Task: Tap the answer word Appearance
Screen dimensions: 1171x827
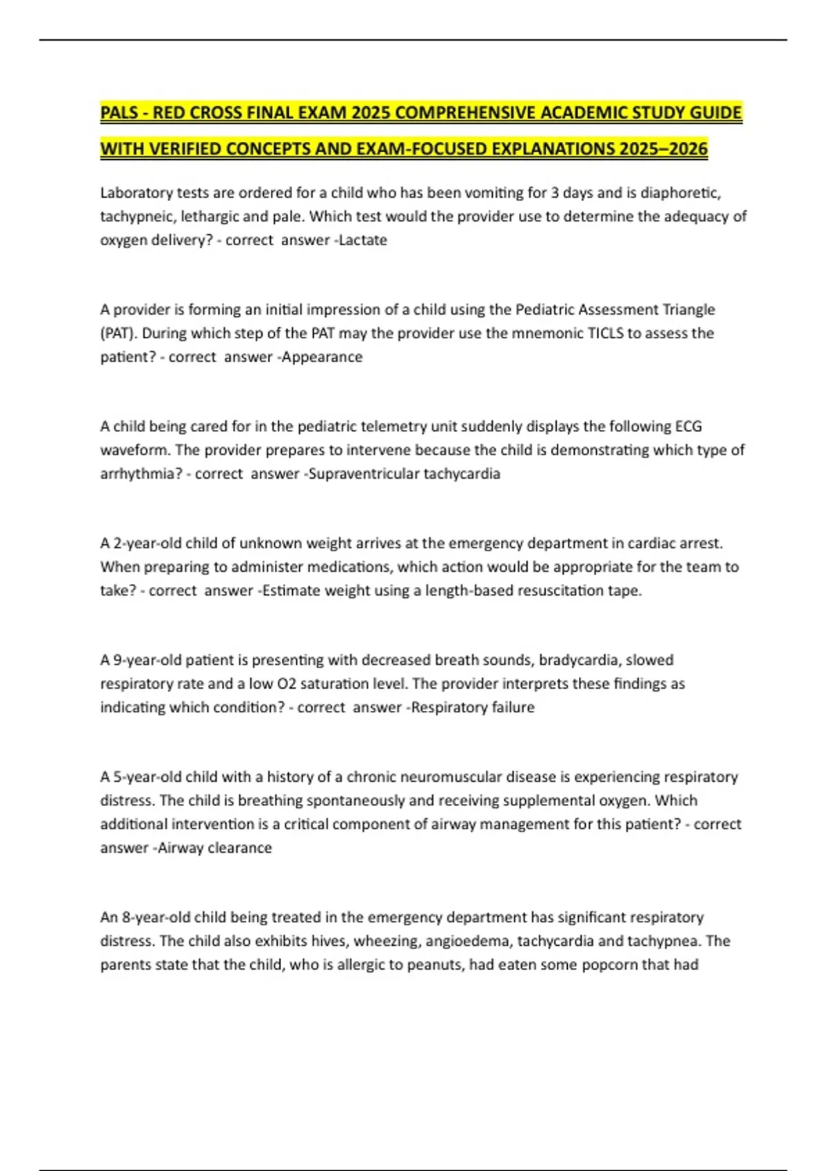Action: (322, 357)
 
